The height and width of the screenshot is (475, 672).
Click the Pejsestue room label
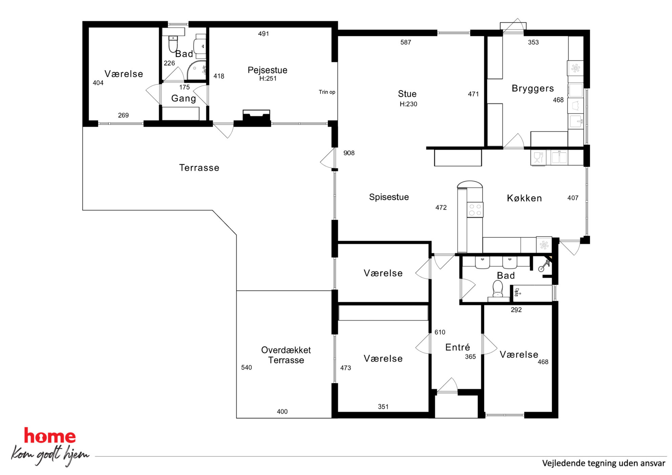point(267,70)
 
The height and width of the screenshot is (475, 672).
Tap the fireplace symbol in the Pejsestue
point(256,117)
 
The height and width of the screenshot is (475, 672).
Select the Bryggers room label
point(533,89)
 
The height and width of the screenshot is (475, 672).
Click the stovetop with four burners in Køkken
point(475,210)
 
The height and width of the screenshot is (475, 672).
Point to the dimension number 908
point(349,153)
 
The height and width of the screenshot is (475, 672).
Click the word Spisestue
point(389,197)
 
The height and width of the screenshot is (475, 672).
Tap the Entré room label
point(458,347)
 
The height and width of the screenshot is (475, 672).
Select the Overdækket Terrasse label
point(286,355)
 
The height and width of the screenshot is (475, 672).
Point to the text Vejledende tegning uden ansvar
point(604,463)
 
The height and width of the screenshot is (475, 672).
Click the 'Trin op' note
point(327,92)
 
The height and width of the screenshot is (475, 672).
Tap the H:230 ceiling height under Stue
point(408,104)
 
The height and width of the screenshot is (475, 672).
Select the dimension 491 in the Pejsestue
point(264,34)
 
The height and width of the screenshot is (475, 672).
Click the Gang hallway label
point(184,99)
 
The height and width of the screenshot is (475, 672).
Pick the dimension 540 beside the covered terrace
point(247,368)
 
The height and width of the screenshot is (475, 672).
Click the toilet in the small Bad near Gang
point(173,43)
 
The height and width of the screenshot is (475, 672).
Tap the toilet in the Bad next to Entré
point(498,290)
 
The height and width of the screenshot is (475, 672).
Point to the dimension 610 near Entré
point(440,332)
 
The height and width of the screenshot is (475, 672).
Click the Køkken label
point(524,198)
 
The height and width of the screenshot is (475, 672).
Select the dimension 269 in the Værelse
point(123,115)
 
